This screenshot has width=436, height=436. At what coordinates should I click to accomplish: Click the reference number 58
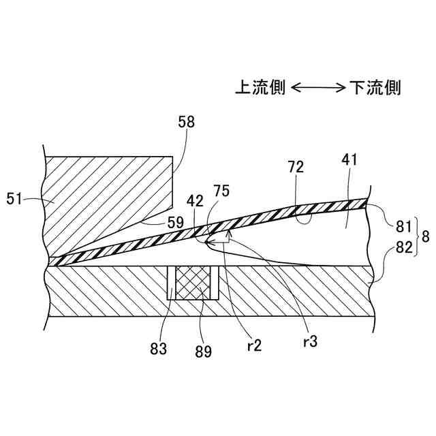pyautogui.click(x=186, y=123)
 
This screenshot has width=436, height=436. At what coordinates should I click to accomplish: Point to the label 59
pyautogui.click(x=176, y=221)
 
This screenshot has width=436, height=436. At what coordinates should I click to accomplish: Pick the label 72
pyautogui.click(x=295, y=166)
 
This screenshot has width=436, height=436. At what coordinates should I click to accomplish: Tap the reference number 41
pyautogui.click(x=350, y=160)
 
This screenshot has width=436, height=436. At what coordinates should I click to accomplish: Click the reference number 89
pyautogui.click(x=203, y=352)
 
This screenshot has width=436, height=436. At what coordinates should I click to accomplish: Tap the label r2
pyautogui.click(x=255, y=345)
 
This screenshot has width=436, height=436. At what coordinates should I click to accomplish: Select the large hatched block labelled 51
pyautogui.click(x=102, y=198)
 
